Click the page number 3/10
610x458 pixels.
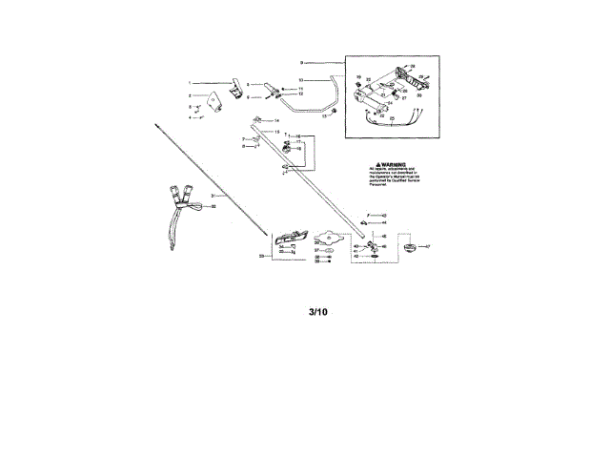point(317,311)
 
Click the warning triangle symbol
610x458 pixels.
point(379,163)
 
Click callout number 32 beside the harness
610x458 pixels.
point(213,206)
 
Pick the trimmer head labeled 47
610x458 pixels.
point(411,249)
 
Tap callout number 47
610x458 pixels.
point(428,246)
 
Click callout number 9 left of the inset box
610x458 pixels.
point(301,63)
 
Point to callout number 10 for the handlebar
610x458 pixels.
point(301,79)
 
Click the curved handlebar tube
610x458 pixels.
point(324,95)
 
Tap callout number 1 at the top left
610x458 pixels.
point(190,83)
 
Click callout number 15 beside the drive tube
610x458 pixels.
point(277,132)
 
